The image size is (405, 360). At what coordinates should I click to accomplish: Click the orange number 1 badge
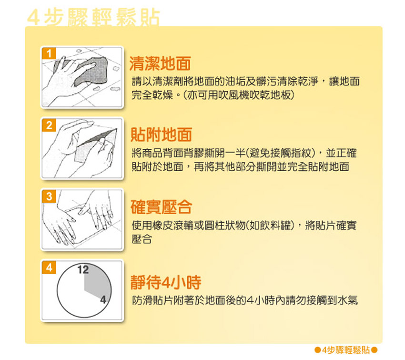pos(49,54)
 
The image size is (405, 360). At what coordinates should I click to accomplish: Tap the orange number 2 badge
pos(49,125)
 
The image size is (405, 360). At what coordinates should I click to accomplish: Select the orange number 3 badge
pos(49,196)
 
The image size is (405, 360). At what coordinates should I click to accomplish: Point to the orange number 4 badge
pos(49,267)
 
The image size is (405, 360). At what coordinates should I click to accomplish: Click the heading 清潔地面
pos(160,63)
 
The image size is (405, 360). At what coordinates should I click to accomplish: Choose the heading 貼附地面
pos(161,134)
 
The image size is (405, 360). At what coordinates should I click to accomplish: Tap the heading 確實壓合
pos(161,207)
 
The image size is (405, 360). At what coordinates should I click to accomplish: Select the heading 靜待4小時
pos(166,282)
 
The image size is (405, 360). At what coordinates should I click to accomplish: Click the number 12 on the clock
pos(83,270)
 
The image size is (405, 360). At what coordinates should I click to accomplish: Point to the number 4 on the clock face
pos(103,300)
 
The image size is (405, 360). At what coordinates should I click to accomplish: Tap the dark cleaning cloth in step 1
pos(91,71)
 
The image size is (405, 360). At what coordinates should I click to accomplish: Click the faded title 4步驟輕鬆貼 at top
pos(93,18)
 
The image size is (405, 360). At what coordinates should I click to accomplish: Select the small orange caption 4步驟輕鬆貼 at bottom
pos(346,350)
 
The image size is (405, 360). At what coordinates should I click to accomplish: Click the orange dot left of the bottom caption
pos(318,350)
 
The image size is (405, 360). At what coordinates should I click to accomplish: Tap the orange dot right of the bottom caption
pos(374,350)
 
